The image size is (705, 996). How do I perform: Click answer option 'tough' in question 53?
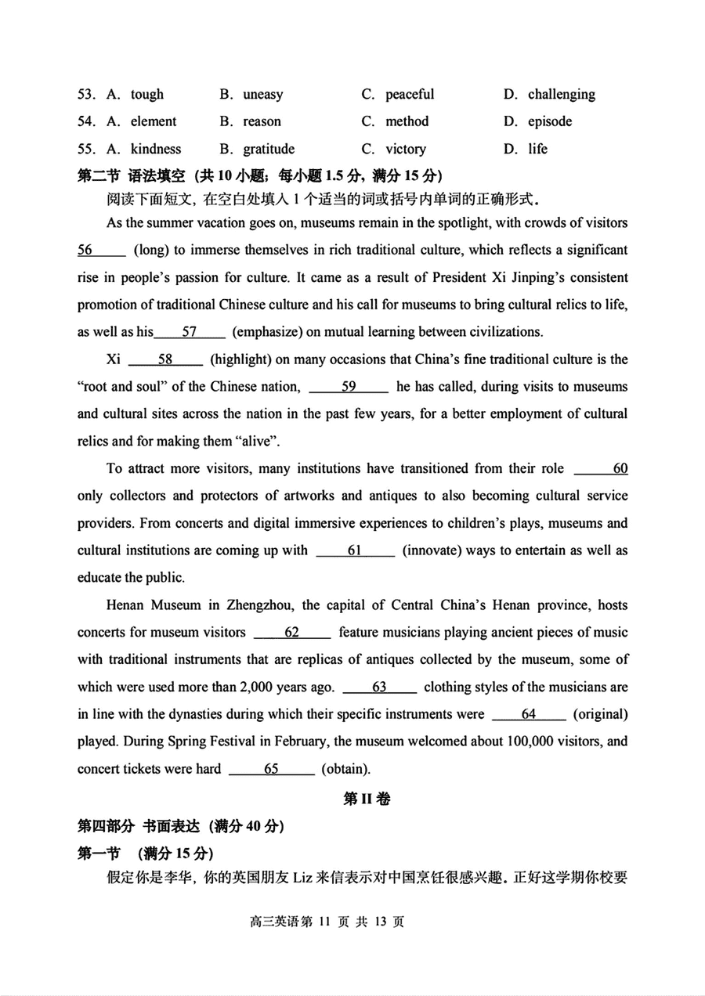coord(146,95)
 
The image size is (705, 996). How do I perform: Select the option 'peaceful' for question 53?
coord(409,95)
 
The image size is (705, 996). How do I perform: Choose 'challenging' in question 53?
coord(561,95)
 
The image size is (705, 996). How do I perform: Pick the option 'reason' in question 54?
coord(262,121)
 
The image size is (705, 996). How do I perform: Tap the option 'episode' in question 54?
coord(550,121)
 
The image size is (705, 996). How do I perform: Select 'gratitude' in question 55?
coord(269,149)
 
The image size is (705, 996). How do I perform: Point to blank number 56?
coord(100,250)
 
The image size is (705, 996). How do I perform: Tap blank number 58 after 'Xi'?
coord(165,359)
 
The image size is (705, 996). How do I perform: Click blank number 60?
coord(601,468)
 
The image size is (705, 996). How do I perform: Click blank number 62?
coord(291,632)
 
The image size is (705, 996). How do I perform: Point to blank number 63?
coord(379,687)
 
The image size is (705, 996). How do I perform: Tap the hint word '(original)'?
coord(601,714)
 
